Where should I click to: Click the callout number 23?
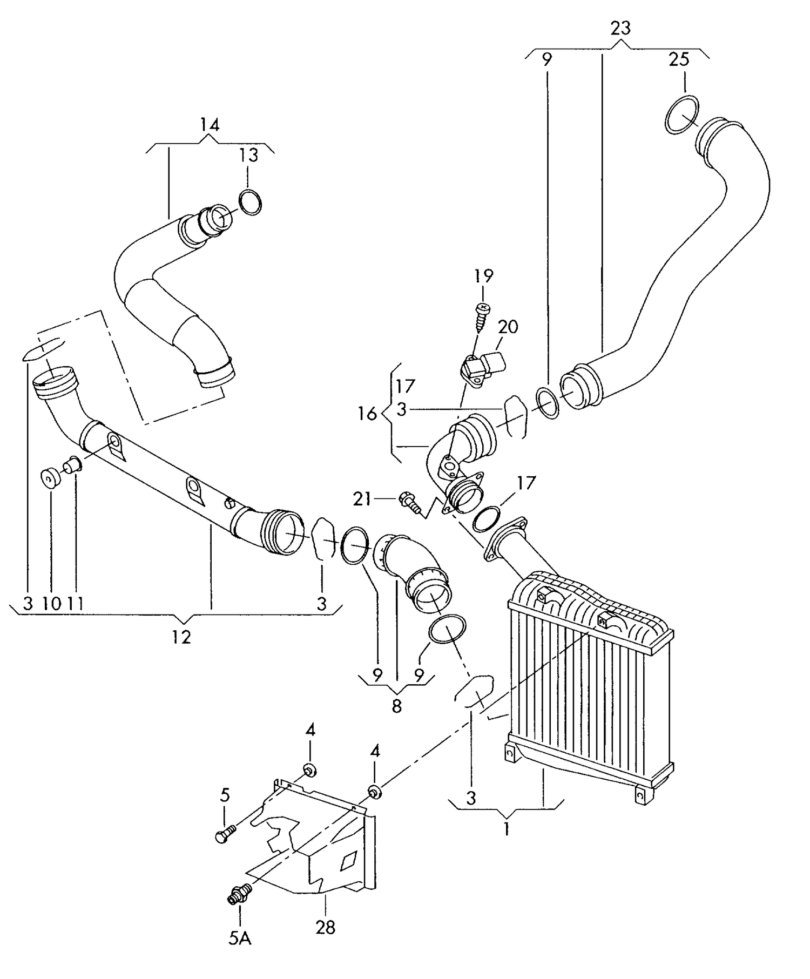click(x=620, y=28)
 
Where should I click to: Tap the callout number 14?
click(x=210, y=125)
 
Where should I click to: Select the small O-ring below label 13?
click(x=250, y=202)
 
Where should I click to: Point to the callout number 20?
click(x=508, y=327)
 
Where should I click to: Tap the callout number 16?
click(x=367, y=414)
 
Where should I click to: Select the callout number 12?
click(x=181, y=637)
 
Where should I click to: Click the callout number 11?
click(x=75, y=603)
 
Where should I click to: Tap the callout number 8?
click(x=397, y=706)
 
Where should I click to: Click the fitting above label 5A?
click(x=238, y=893)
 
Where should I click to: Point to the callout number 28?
click(x=326, y=927)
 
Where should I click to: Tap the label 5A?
click(x=240, y=938)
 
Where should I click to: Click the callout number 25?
click(x=679, y=59)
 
